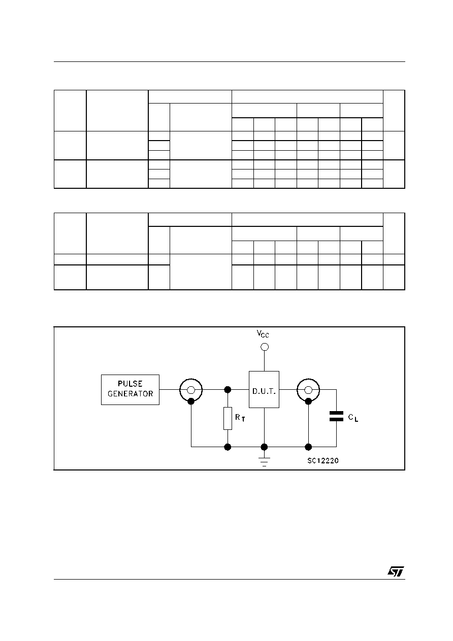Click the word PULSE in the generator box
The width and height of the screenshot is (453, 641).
click(x=130, y=384)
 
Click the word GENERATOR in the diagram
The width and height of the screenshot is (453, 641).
click(x=131, y=394)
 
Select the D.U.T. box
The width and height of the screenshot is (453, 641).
click(x=264, y=389)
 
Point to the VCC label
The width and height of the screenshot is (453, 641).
click(x=263, y=333)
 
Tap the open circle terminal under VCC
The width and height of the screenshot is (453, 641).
click(x=265, y=347)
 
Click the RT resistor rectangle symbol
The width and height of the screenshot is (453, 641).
click(x=228, y=418)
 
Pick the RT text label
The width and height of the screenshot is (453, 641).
click(x=240, y=418)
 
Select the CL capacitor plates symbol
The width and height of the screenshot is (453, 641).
click(x=336, y=416)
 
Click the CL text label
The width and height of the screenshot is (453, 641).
click(x=353, y=418)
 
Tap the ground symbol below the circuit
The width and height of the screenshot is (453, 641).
click(x=264, y=462)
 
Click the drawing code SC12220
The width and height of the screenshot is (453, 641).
click(x=322, y=461)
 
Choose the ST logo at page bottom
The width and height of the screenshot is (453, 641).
click(x=396, y=571)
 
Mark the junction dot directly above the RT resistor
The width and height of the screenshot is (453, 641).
click(x=228, y=389)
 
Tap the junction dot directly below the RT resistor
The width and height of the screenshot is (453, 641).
click(x=228, y=447)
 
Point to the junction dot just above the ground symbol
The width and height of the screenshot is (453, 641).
click(x=264, y=447)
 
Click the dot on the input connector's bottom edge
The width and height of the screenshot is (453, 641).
click(x=191, y=401)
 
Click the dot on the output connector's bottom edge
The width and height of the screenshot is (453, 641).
click(x=308, y=401)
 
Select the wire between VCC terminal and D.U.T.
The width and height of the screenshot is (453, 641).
click(x=264, y=361)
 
